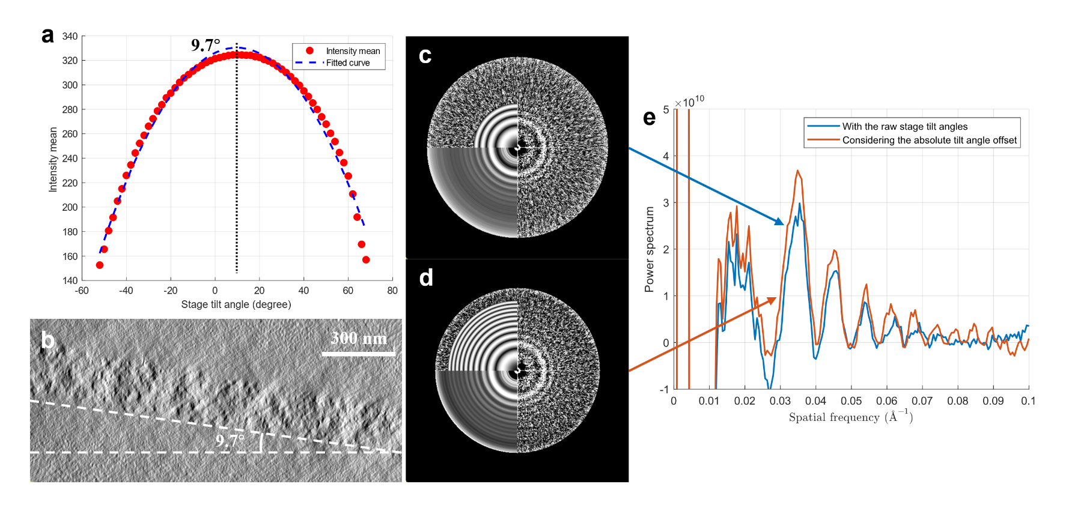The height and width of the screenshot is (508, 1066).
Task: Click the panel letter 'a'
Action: pos(47,35)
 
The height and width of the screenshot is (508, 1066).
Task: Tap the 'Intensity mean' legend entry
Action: pos(353,51)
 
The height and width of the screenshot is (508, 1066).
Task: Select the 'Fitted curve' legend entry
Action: pos(347,62)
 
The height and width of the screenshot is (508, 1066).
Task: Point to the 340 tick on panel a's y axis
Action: pos(70,36)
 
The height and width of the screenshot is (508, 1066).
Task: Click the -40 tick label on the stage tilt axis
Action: pos(126,291)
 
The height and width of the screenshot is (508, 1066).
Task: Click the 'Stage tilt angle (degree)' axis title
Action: pos(236,304)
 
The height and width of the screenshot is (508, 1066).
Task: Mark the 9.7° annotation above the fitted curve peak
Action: pos(206,45)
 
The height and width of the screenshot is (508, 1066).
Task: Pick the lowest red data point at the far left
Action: pos(100,265)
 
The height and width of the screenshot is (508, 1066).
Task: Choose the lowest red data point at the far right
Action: pos(366,259)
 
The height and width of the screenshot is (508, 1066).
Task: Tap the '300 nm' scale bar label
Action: pos(359,338)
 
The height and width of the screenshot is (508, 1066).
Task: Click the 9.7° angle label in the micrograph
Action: pos(230,440)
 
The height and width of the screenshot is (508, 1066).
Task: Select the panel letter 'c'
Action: pos(425,55)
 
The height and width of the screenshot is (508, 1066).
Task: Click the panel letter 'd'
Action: pos(425,277)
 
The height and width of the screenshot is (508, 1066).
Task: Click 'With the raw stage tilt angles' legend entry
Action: pos(904,126)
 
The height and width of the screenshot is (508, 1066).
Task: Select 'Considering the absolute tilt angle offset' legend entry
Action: pos(929,140)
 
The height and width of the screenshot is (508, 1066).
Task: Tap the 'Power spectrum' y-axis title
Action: pos(649,249)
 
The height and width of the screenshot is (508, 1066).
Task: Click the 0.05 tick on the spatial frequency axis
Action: pos(851,401)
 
